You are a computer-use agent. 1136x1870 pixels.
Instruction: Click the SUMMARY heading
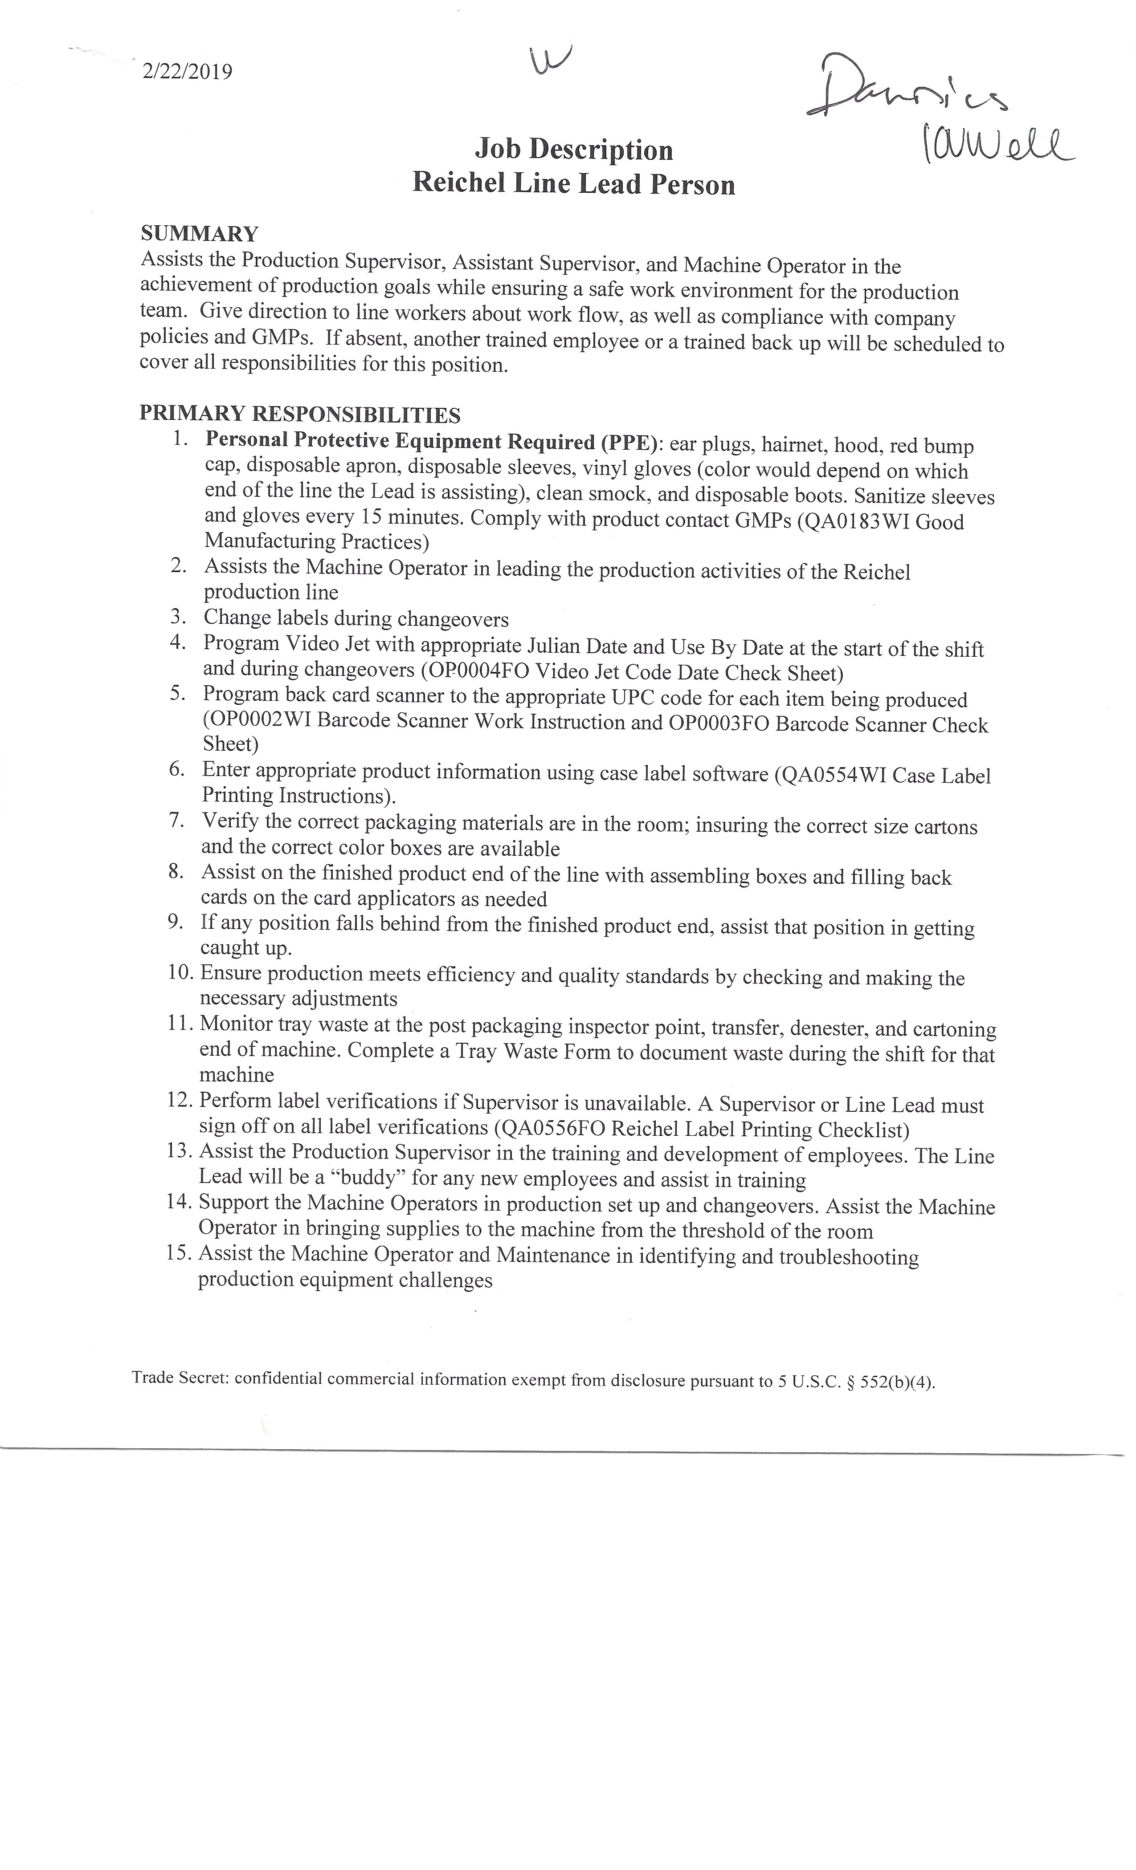pyautogui.click(x=200, y=234)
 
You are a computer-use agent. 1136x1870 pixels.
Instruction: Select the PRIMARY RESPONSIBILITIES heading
pyautogui.click(x=300, y=415)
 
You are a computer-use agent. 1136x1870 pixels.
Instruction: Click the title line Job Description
pyautogui.click(x=574, y=150)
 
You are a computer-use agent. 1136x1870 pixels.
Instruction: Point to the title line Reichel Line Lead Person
pyautogui.click(x=574, y=184)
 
